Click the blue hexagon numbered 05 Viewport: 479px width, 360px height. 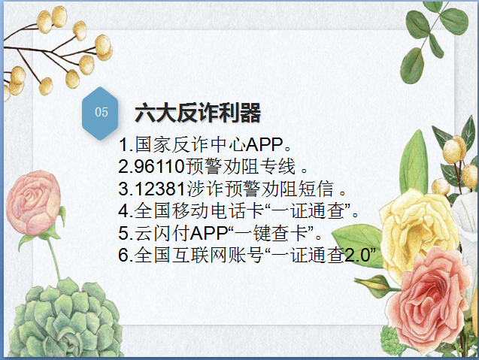[x=100, y=113]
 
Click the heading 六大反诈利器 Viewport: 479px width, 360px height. [x=198, y=113]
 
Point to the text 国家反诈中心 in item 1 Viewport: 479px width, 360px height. [x=190, y=144]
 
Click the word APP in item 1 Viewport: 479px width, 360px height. [x=265, y=145]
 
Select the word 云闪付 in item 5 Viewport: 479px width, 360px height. [x=162, y=233]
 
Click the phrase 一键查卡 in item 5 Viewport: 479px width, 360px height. [x=271, y=233]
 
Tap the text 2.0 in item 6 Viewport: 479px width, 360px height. [x=357, y=255]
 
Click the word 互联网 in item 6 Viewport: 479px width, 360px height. [x=200, y=255]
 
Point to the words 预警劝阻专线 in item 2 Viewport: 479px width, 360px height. [x=241, y=167]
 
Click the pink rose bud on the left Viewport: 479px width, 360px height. [x=33, y=204]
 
